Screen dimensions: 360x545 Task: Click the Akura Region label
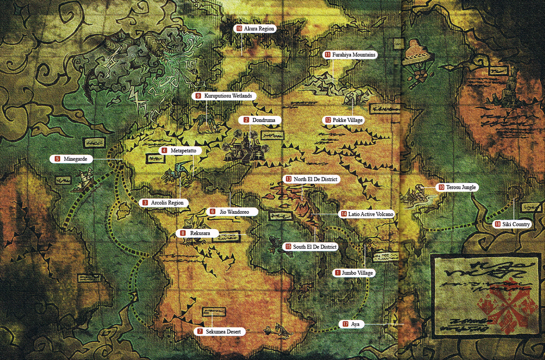tap(256, 29)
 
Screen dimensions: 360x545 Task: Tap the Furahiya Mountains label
tap(351, 54)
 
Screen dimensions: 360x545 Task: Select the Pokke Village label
tap(344, 120)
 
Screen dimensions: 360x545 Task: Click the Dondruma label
tap(256, 120)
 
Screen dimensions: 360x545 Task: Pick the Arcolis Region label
tap(164, 203)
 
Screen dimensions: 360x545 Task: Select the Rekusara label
tap(197, 233)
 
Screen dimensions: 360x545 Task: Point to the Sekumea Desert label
tap(220, 332)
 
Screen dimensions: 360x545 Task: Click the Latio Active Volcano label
tap(367, 214)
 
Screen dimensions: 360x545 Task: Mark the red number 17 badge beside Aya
tap(346, 324)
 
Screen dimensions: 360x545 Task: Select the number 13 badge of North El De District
tap(289, 179)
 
